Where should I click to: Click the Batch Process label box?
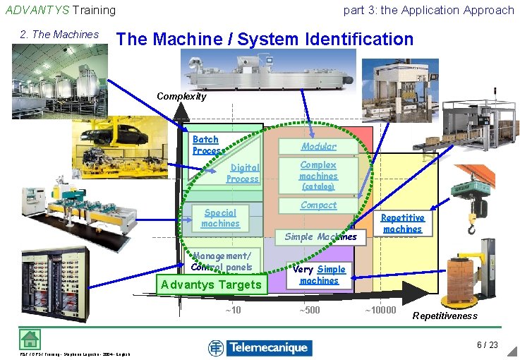(206, 145)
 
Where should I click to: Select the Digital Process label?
(243, 173)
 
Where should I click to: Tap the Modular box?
(318, 146)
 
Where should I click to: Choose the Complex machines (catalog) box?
(318, 175)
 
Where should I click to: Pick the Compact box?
(318, 205)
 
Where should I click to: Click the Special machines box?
(220, 218)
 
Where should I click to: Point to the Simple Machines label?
(320, 236)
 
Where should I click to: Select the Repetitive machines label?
(402, 224)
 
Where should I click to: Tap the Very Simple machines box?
(319, 275)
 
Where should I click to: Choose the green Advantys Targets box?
(212, 284)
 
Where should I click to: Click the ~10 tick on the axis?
(233, 310)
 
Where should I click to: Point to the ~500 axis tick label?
(309, 310)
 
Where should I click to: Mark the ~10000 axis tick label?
(381, 310)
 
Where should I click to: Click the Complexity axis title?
(181, 96)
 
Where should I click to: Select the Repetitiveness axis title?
(445, 316)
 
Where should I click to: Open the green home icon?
(30, 339)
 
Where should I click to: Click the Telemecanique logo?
(258, 347)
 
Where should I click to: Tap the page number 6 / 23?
(487, 345)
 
